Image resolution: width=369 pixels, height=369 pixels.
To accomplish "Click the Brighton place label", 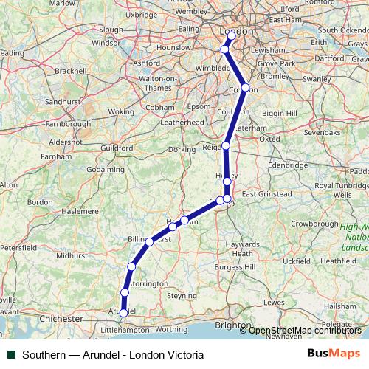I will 230,324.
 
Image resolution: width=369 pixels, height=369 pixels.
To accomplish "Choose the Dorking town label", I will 182,149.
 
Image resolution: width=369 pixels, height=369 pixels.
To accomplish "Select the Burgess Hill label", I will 234,266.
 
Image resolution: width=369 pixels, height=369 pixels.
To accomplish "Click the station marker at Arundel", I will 123,312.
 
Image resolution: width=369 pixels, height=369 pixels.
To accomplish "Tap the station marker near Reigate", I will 226,145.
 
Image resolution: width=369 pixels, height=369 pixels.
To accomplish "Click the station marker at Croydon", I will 246,88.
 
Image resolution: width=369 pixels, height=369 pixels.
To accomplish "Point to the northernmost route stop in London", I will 232,35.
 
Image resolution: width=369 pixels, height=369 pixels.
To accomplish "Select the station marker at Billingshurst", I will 149,241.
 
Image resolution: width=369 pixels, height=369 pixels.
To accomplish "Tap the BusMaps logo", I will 336,354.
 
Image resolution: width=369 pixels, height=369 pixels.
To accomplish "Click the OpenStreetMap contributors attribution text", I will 305,330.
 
